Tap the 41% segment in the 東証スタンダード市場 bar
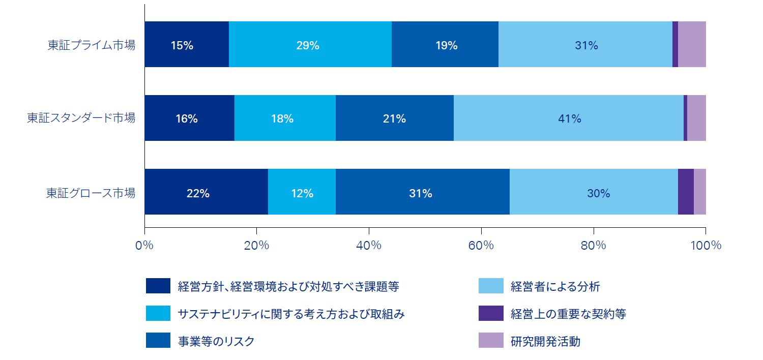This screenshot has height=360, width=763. click(569, 118)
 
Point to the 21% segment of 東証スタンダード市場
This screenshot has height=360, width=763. click(394, 118)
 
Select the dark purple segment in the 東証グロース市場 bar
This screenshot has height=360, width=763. click(686, 192)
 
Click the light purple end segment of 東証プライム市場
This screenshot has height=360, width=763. click(692, 45)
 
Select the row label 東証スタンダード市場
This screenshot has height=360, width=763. click(81, 118)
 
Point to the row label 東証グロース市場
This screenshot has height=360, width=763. click(91, 193)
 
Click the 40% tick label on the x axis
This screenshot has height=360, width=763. click(369, 245)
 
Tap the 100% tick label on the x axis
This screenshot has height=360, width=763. click(706, 245)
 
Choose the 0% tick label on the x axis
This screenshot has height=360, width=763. click(144, 245)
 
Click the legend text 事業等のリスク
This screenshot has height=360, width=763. click(216, 341)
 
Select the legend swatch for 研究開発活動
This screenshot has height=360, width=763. click(490, 341)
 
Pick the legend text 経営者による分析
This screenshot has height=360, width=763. click(555, 287)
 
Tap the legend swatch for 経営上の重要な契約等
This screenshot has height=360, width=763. click(490, 314)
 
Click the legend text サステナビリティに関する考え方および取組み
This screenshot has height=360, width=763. click(291, 314)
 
